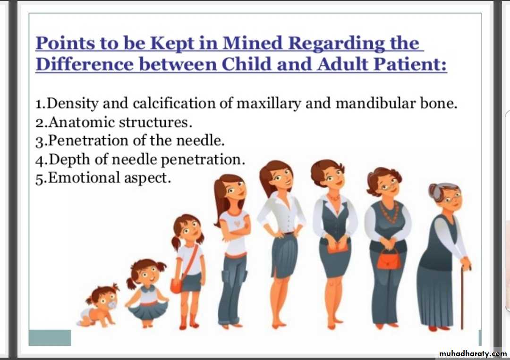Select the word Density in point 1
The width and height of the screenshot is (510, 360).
point(73,104)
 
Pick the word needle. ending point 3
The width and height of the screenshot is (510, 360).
point(200,141)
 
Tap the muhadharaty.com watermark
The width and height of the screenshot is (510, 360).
point(473,353)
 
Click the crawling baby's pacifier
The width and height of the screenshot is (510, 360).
point(111,305)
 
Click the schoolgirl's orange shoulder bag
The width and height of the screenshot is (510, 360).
point(177,285)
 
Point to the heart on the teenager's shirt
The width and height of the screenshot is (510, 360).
point(238,224)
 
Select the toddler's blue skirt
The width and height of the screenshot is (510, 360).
point(148,310)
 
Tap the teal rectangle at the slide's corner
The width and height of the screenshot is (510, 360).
point(50,337)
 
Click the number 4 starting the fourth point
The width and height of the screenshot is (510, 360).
point(40,160)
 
